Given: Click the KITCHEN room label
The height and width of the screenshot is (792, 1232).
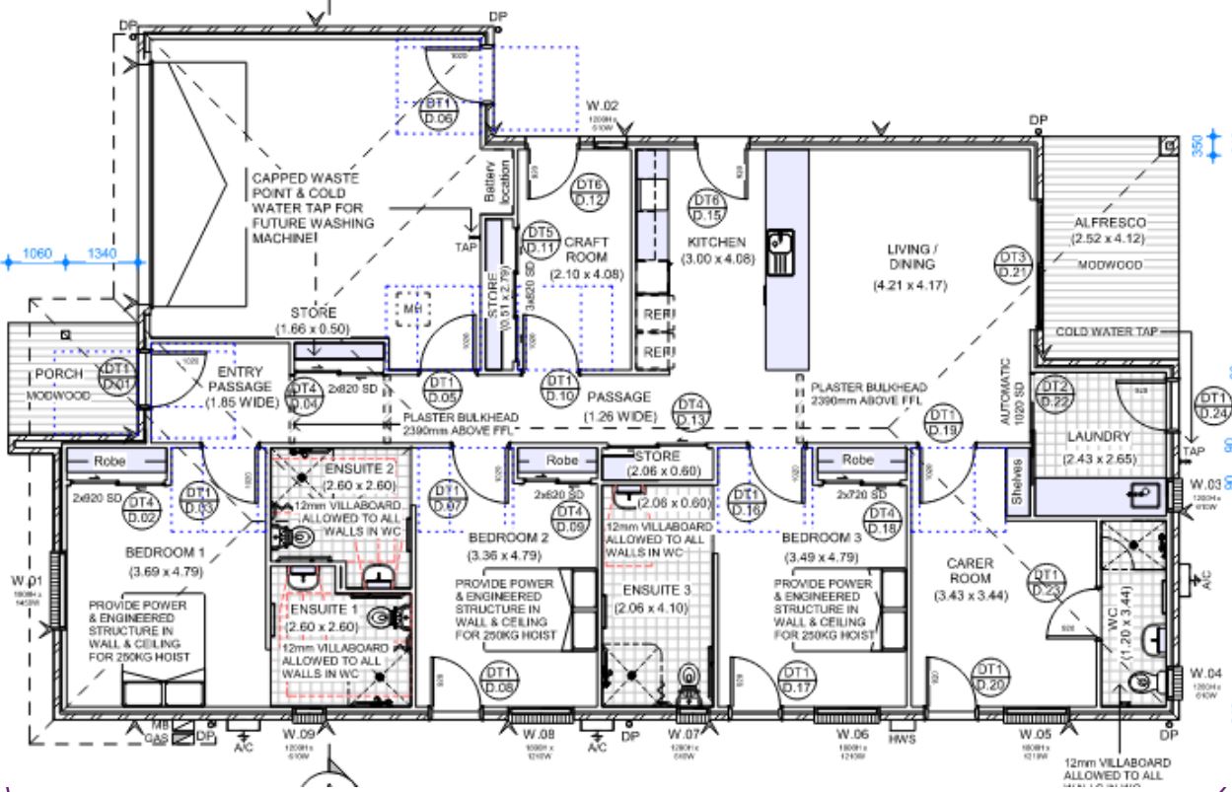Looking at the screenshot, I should [x=716, y=242].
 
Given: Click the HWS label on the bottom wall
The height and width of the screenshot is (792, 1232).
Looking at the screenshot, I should [x=901, y=738].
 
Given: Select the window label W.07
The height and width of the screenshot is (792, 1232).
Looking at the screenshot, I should [x=683, y=736].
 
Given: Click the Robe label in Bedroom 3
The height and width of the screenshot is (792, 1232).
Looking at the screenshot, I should [x=858, y=460].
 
